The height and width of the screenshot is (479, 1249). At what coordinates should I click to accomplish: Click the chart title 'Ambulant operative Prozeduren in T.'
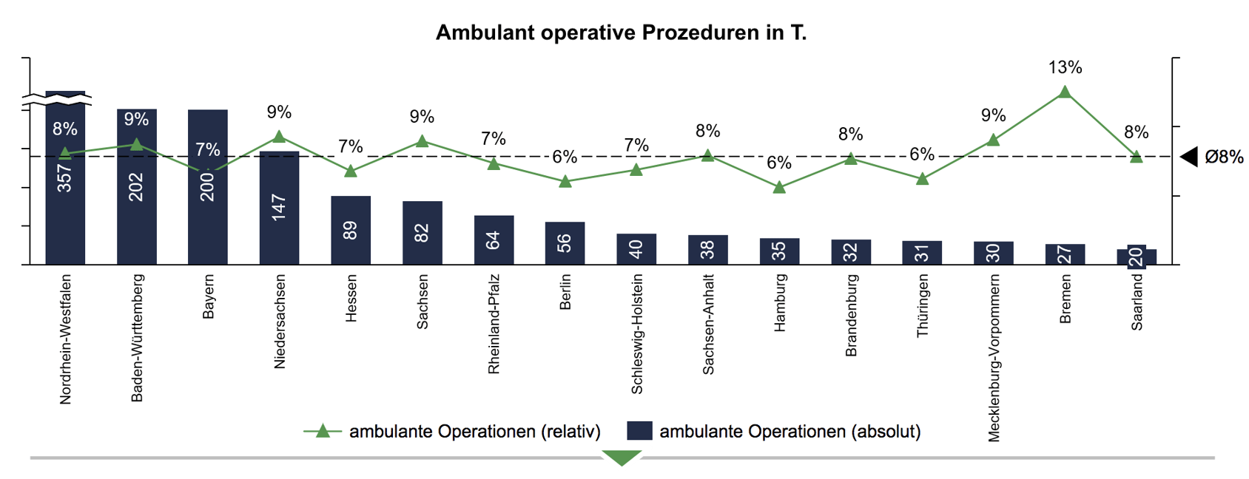coord(620,33)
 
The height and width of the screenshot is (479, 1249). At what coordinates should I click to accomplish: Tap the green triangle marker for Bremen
coord(1065,92)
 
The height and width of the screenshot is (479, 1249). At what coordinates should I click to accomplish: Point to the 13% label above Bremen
coord(1065,68)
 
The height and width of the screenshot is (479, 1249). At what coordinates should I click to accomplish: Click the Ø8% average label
coord(1224,157)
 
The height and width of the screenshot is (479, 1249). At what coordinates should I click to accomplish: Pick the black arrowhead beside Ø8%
coord(1189,157)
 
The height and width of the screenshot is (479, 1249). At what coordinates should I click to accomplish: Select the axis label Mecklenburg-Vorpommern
coord(994,359)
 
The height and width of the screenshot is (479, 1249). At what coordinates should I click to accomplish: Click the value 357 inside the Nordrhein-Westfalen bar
coord(65,179)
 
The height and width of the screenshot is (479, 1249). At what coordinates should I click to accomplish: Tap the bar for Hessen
coord(351,230)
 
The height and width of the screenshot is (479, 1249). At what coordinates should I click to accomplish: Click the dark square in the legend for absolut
coord(639,431)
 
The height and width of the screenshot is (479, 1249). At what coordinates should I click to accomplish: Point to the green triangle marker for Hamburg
coord(779,188)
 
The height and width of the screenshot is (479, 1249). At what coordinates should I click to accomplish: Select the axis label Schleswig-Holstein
coord(637,334)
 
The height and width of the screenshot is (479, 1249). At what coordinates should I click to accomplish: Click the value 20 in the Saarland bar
coord(1137,257)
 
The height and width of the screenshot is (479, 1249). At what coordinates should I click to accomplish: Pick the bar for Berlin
coord(565,242)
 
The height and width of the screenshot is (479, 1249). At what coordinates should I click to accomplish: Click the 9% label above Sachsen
coord(422,117)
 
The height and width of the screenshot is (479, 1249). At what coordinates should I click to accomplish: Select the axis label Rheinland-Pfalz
coord(494,325)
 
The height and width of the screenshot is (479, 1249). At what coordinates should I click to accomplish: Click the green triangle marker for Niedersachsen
coord(279,137)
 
